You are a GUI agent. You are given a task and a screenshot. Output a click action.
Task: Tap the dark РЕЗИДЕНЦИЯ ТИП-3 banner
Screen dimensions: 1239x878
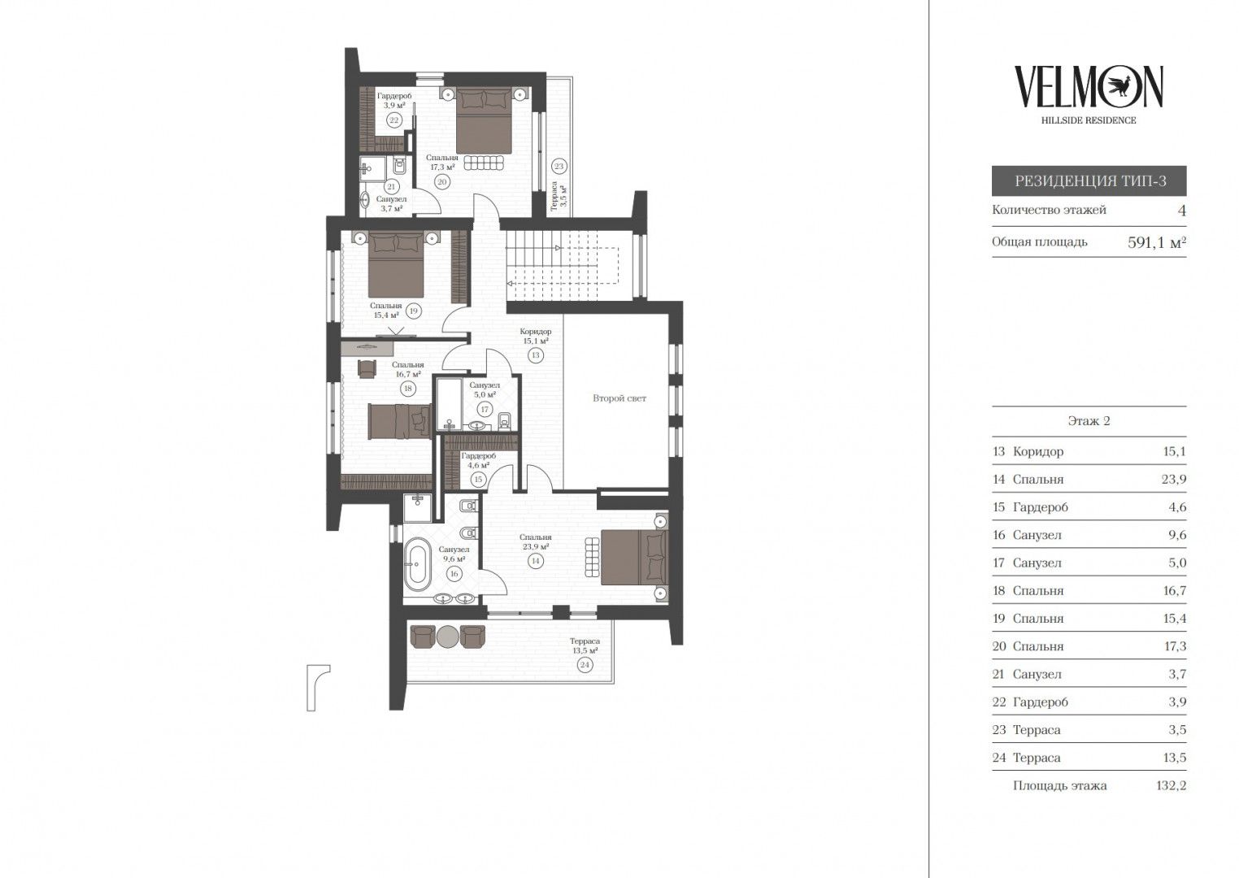(x=1089, y=181)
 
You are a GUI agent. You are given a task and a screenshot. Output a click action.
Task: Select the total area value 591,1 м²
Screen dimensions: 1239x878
(x=1157, y=242)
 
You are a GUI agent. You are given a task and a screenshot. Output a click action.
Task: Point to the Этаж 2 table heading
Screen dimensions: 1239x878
(x=1089, y=421)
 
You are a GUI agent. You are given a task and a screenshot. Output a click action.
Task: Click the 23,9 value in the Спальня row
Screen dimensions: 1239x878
(x=1174, y=479)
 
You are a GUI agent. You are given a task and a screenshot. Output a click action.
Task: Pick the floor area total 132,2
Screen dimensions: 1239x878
(x=1171, y=785)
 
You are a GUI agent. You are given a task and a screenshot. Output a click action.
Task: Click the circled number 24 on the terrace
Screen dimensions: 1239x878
(x=585, y=665)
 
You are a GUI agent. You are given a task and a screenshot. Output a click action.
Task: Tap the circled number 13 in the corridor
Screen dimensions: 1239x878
(x=535, y=356)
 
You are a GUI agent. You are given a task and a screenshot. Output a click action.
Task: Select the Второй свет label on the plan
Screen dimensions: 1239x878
(x=619, y=398)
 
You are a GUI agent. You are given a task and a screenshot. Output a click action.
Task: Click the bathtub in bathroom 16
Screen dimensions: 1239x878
(x=416, y=564)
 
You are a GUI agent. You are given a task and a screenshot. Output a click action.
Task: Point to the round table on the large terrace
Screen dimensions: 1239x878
(x=447, y=637)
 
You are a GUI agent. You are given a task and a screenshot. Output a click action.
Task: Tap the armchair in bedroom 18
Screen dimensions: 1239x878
(x=367, y=369)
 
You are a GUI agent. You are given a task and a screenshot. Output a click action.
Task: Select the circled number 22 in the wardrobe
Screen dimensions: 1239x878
(x=393, y=120)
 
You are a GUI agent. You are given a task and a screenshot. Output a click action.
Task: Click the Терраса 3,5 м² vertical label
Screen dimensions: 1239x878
(x=558, y=197)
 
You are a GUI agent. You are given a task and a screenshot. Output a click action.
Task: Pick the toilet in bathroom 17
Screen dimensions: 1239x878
(x=505, y=422)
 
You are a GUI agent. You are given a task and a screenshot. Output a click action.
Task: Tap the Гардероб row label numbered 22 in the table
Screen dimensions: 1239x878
(x=1041, y=702)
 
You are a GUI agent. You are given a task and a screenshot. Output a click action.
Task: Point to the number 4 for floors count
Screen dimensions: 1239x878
(x=1182, y=211)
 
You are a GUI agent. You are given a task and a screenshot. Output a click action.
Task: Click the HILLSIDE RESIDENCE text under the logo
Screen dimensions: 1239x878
(x=1089, y=120)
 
